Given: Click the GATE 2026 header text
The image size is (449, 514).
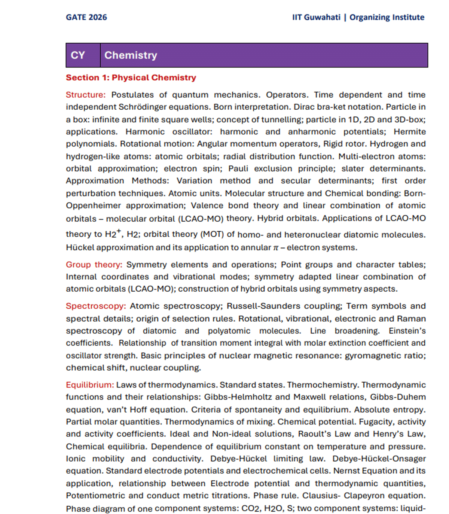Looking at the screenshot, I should point(86,17).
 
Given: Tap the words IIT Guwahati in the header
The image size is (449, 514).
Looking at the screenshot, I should point(316,17).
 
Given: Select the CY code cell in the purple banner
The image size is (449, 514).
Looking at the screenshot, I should point(78,55).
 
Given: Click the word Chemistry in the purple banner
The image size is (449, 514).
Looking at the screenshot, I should point(131,55).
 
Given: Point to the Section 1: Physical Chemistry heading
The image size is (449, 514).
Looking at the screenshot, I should point(131,77).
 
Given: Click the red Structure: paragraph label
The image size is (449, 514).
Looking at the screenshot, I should point(86,95).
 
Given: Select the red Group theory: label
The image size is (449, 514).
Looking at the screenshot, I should point(94,265).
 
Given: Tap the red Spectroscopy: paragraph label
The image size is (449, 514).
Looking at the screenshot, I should point(96,306).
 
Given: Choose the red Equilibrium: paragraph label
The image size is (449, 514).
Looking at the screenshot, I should point(90,385).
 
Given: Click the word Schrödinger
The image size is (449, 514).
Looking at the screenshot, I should point(142,107).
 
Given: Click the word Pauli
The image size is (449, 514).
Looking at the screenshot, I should point(238,169).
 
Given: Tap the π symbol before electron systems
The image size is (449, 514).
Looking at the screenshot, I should point(276,248).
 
